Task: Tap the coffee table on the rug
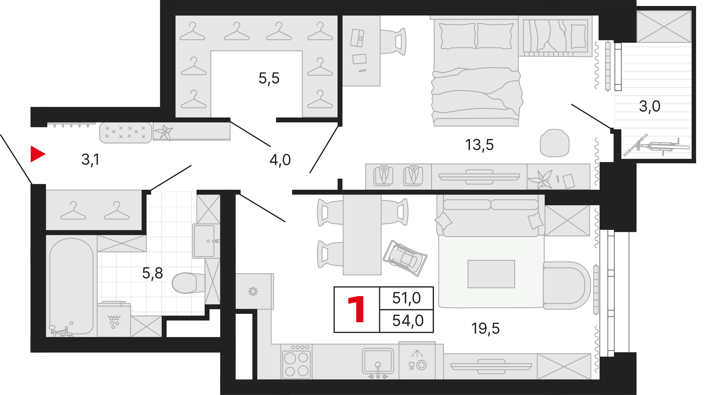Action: tap(491, 274)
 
